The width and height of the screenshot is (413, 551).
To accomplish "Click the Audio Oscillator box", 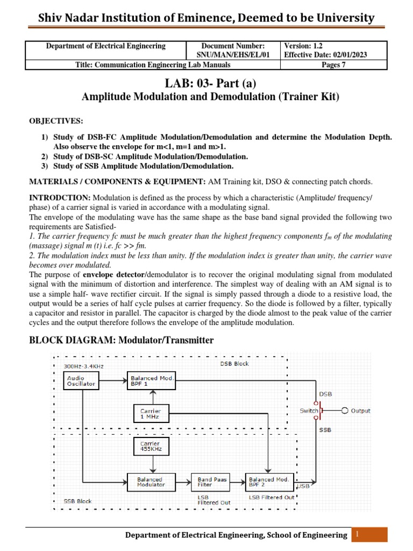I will click(81, 381).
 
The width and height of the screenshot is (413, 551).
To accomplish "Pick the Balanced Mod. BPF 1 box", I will click(153, 381).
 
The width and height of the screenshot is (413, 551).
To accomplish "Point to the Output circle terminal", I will click(345, 411).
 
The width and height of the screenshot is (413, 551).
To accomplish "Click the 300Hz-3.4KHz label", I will click(83, 366).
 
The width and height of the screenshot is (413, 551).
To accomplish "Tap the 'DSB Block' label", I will click(234, 364).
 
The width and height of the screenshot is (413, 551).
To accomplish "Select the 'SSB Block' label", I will click(78, 501).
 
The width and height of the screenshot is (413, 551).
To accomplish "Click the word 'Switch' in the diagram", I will click(309, 411).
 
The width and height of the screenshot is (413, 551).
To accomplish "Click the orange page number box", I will click(370, 534).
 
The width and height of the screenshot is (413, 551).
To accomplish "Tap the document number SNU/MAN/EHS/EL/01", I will click(233, 55).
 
